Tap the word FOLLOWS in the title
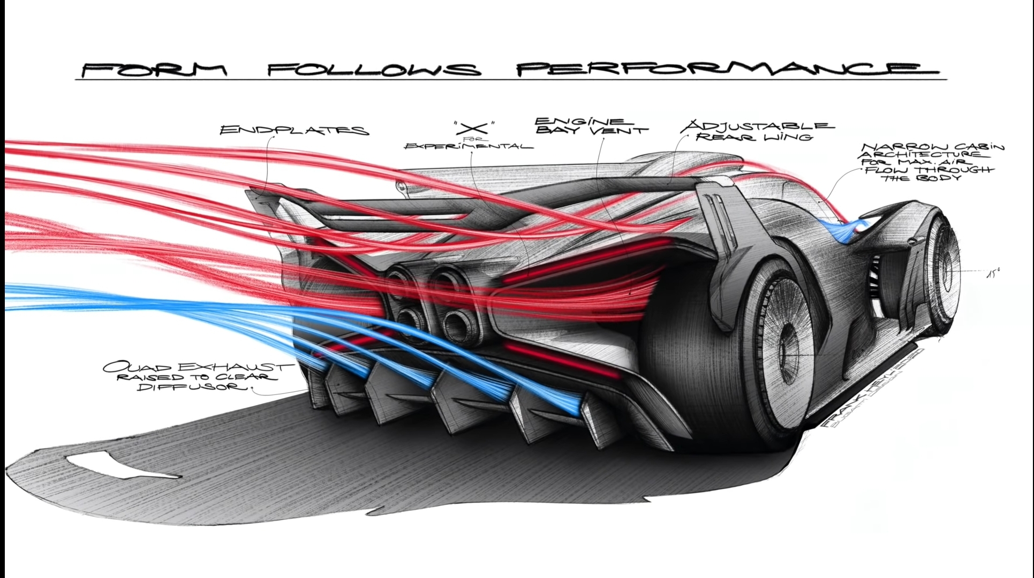pos(374,69)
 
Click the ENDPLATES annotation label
pos(294,130)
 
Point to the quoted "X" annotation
pos(473,128)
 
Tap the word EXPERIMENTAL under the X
pos(469,146)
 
